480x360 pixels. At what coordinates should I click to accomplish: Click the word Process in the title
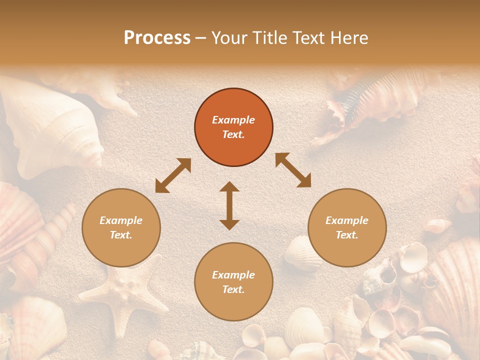(157, 38)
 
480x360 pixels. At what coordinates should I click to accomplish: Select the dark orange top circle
(233, 127)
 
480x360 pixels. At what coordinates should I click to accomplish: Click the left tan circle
(121, 227)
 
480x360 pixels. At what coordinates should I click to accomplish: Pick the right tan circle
(347, 227)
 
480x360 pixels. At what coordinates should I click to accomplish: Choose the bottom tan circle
(233, 281)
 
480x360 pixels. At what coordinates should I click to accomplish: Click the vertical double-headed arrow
(229, 205)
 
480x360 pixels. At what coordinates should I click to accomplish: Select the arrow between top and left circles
(173, 175)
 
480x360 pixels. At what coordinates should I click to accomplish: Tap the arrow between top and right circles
(293, 170)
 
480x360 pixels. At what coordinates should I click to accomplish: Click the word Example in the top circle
(233, 120)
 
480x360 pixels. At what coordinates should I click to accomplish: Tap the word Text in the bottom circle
(233, 289)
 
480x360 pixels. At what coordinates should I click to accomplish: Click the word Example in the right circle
(347, 220)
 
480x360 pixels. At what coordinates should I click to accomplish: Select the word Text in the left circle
(121, 235)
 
